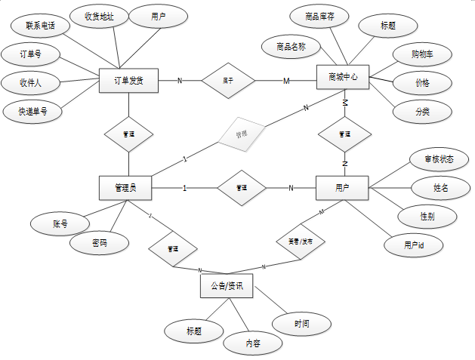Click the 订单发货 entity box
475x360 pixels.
(x=128, y=80)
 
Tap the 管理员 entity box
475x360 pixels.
(x=125, y=188)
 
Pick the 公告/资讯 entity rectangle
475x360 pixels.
(x=227, y=287)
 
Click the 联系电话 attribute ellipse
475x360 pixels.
(x=42, y=26)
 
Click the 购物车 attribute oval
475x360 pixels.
(x=422, y=54)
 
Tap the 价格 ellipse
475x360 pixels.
(x=422, y=83)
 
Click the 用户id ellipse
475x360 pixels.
(x=413, y=245)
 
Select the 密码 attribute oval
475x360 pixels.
(x=100, y=244)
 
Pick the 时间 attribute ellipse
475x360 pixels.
(x=302, y=324)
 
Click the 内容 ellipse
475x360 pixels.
(x=253, y=343)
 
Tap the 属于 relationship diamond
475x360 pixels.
(x=227, y=80)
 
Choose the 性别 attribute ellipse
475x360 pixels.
(x=427, y=216)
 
